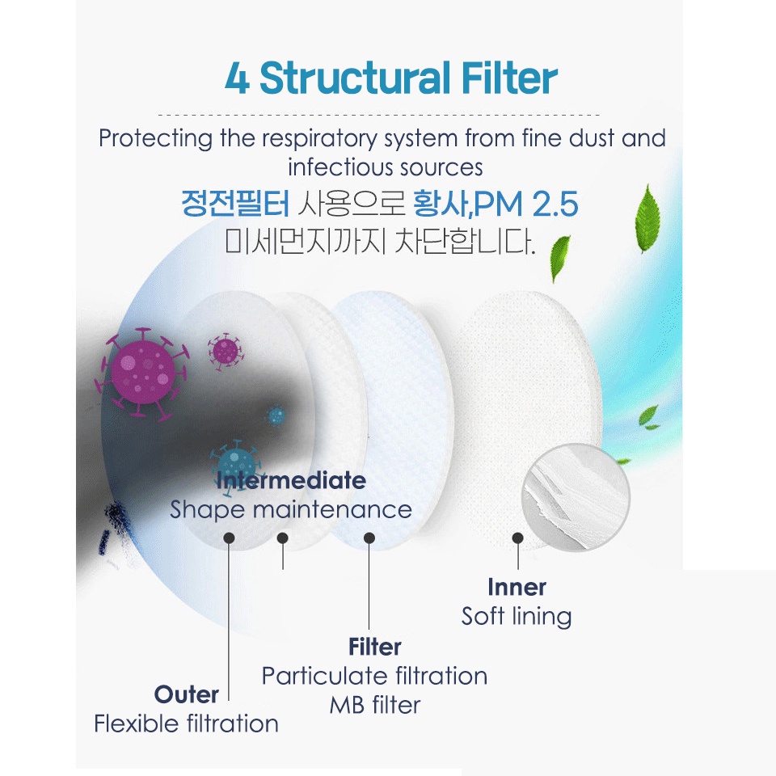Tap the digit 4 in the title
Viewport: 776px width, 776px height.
click(x=237, y=80)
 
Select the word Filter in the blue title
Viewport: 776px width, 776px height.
click(x=509, y=79)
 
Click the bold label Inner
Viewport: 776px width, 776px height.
click(x=517, y=587)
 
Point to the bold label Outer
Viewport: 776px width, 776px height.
click(x=187, y=694)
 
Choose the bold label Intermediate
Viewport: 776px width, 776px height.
click(x=291, y=480)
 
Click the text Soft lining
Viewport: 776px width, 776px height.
click(x=517, y=616)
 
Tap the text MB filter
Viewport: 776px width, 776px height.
click(x=374, y=705)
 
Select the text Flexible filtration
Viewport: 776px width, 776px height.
click(x=186, y=723)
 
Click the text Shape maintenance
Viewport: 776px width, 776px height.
click(x=291, y=509)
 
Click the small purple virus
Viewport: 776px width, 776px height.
click(x=224, y=349)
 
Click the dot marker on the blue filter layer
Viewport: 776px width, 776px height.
click(x=369, y=538)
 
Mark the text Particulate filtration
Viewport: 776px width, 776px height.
click(x=374, y=676)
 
